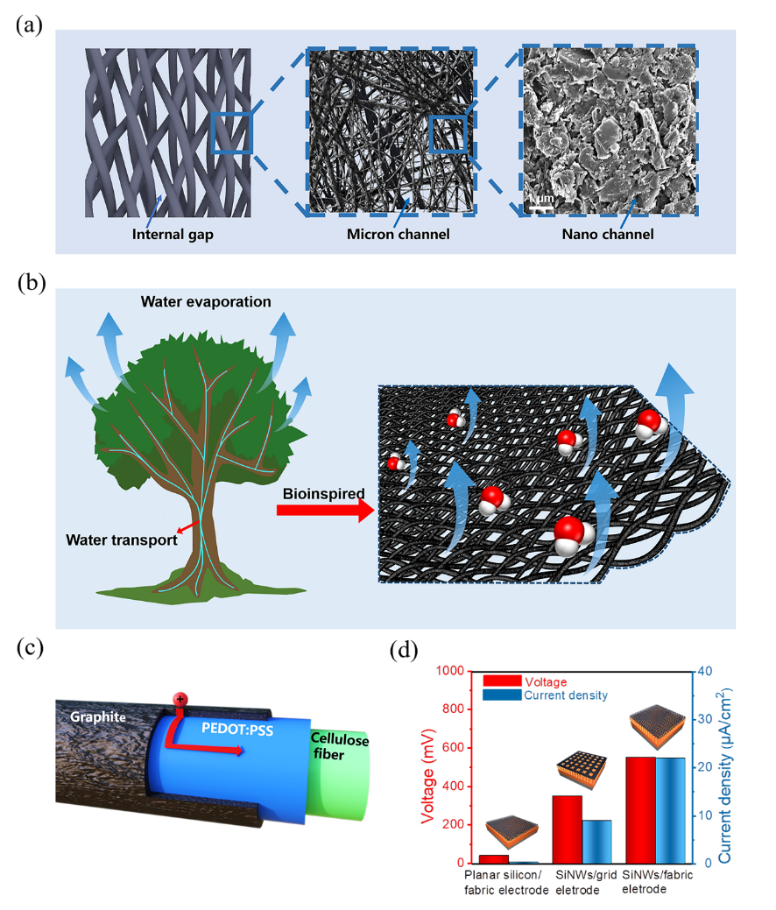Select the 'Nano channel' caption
(x=608, y=235)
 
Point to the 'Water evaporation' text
(x=206, y=302)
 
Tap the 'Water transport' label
(x=122, y=540)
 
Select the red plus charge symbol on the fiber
(x=180, y=699)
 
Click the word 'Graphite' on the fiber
(x=96, y=717)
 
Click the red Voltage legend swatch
(x=501, y=681)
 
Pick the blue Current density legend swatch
(x=501, y=695)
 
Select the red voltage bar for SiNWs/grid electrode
(x=568, y=829)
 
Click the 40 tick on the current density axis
(x=702, y=671)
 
